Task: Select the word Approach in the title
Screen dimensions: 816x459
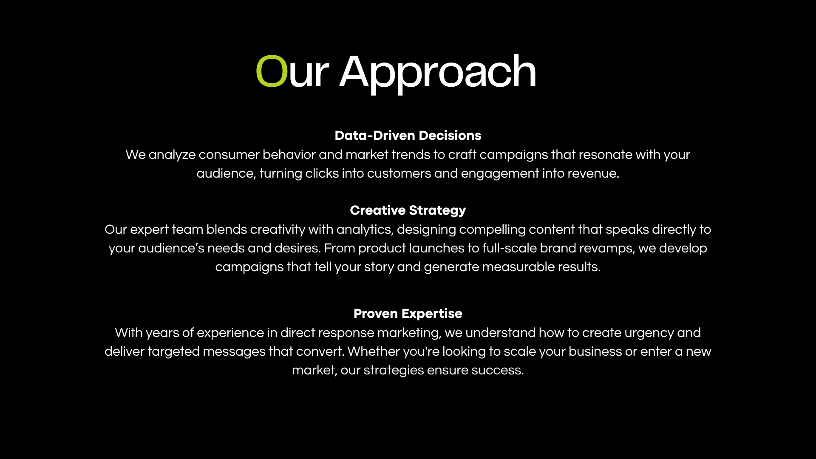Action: pyautogui.click(x=438, y=74)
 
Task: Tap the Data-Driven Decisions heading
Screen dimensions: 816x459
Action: pyautogui.click(x=408, y=136)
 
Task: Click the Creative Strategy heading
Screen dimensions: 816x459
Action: pyautogui.click(x=408, y=210)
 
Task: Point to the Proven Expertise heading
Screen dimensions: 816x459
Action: pyautogui.click(x=408, y=314)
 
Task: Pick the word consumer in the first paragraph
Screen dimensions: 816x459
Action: pyautogui.click(x=229, y=155)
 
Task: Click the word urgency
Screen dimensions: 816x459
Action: pyautogui.click(x=649, y=333)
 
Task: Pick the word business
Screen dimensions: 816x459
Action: pyautogui.click(x=595, y=351)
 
